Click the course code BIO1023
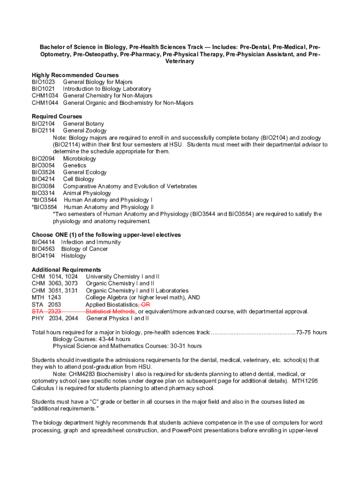(43, 82)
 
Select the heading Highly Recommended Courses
(75, 75)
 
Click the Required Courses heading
(57, 116)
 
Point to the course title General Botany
(83, 123)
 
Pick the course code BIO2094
(43, 159)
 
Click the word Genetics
(74, 166)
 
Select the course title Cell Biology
(79, 179)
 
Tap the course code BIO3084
(43, 186)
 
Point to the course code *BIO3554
(44, 207)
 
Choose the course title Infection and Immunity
(91, 242)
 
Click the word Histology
(73, 256)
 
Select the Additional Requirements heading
(66, 269)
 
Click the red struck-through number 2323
(54, 311)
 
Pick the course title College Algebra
(106, 297)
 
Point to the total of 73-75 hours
(311, 332)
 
